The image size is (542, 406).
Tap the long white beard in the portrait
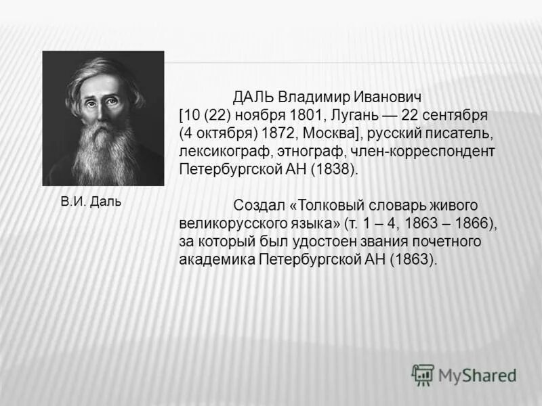point(102,152)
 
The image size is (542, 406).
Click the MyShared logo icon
point(423,375)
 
